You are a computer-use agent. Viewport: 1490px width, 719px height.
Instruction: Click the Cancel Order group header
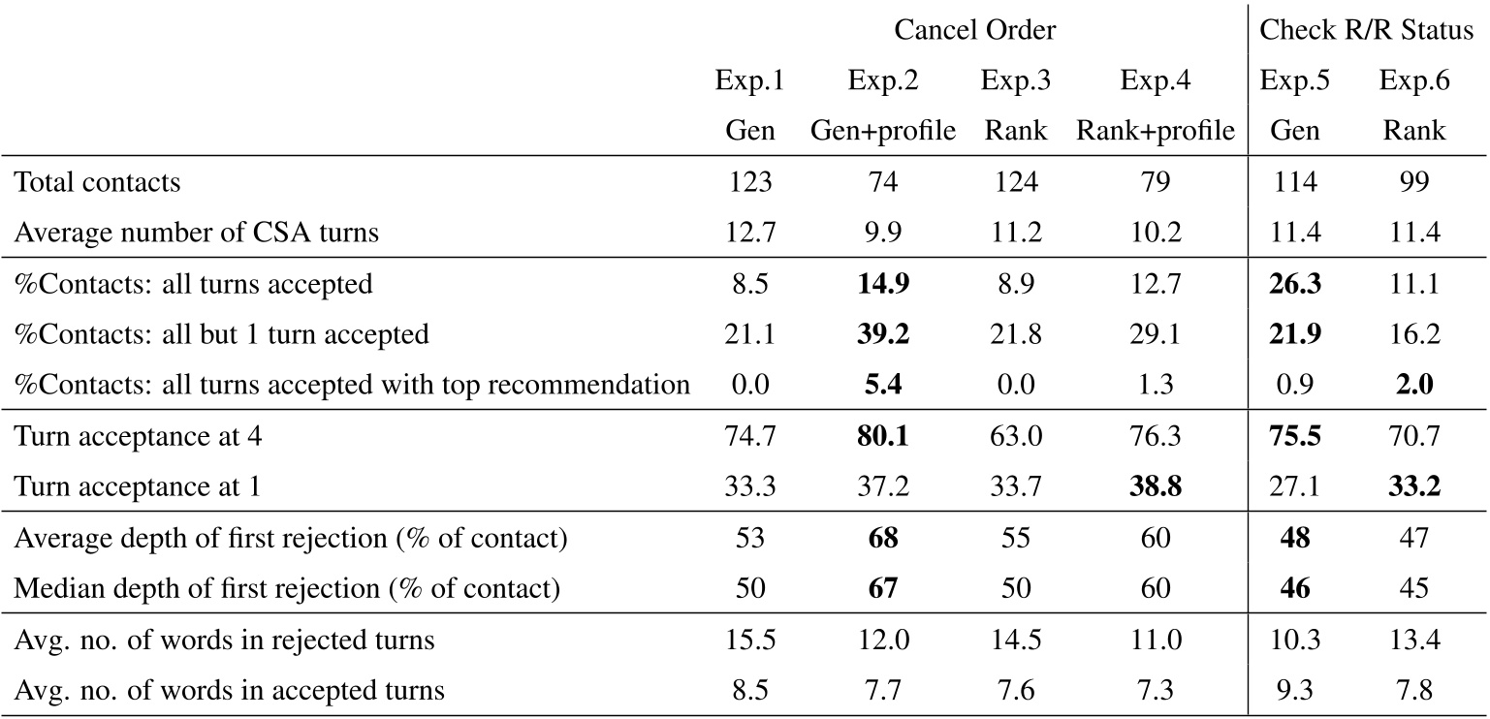point(974,31)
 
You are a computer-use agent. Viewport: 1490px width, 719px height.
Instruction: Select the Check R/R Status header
point(1366,31)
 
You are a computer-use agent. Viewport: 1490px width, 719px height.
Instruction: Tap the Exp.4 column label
point(1155,80)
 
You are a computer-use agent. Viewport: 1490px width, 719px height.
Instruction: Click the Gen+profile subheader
point(883,130)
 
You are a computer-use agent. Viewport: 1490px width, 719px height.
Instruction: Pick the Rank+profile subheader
point(1155,130)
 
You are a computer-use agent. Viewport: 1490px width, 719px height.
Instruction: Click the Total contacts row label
point(97,181)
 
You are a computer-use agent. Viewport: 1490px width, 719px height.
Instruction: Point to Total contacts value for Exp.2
point(883,181)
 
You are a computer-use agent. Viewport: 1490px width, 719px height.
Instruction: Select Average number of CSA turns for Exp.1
point(750,232)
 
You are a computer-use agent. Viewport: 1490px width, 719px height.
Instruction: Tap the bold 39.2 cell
point(883,334)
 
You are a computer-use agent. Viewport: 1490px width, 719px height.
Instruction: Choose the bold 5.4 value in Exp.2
point(883,385)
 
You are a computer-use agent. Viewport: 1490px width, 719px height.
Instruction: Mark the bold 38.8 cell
point(1155,487)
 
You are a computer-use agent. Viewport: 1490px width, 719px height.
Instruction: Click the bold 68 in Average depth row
point(883,539)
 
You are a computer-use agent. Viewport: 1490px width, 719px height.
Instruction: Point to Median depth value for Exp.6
point(1414,589)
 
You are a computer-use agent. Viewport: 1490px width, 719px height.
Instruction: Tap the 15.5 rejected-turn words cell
point(750,641)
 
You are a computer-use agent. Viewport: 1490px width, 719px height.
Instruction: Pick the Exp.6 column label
point(1414,80)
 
